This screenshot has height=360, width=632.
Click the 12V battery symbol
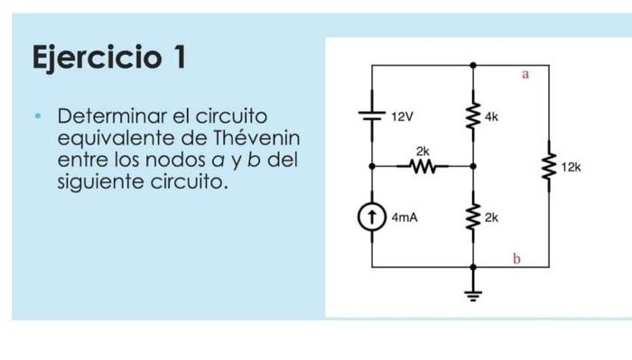tap(372, 115)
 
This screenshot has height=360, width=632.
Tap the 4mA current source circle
tap(372, 217)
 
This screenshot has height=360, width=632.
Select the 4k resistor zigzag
tap(471, 115)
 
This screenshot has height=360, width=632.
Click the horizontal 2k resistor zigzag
tap(422, 166)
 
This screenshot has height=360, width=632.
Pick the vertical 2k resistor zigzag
tap(471, 217)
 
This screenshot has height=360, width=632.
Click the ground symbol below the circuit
tap(471, 291)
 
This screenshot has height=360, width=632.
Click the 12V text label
tap(402, 116)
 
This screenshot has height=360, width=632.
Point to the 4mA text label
tap(404, 217)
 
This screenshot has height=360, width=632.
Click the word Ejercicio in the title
tap(96, 60)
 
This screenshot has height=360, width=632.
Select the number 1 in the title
tap(179, 58)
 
